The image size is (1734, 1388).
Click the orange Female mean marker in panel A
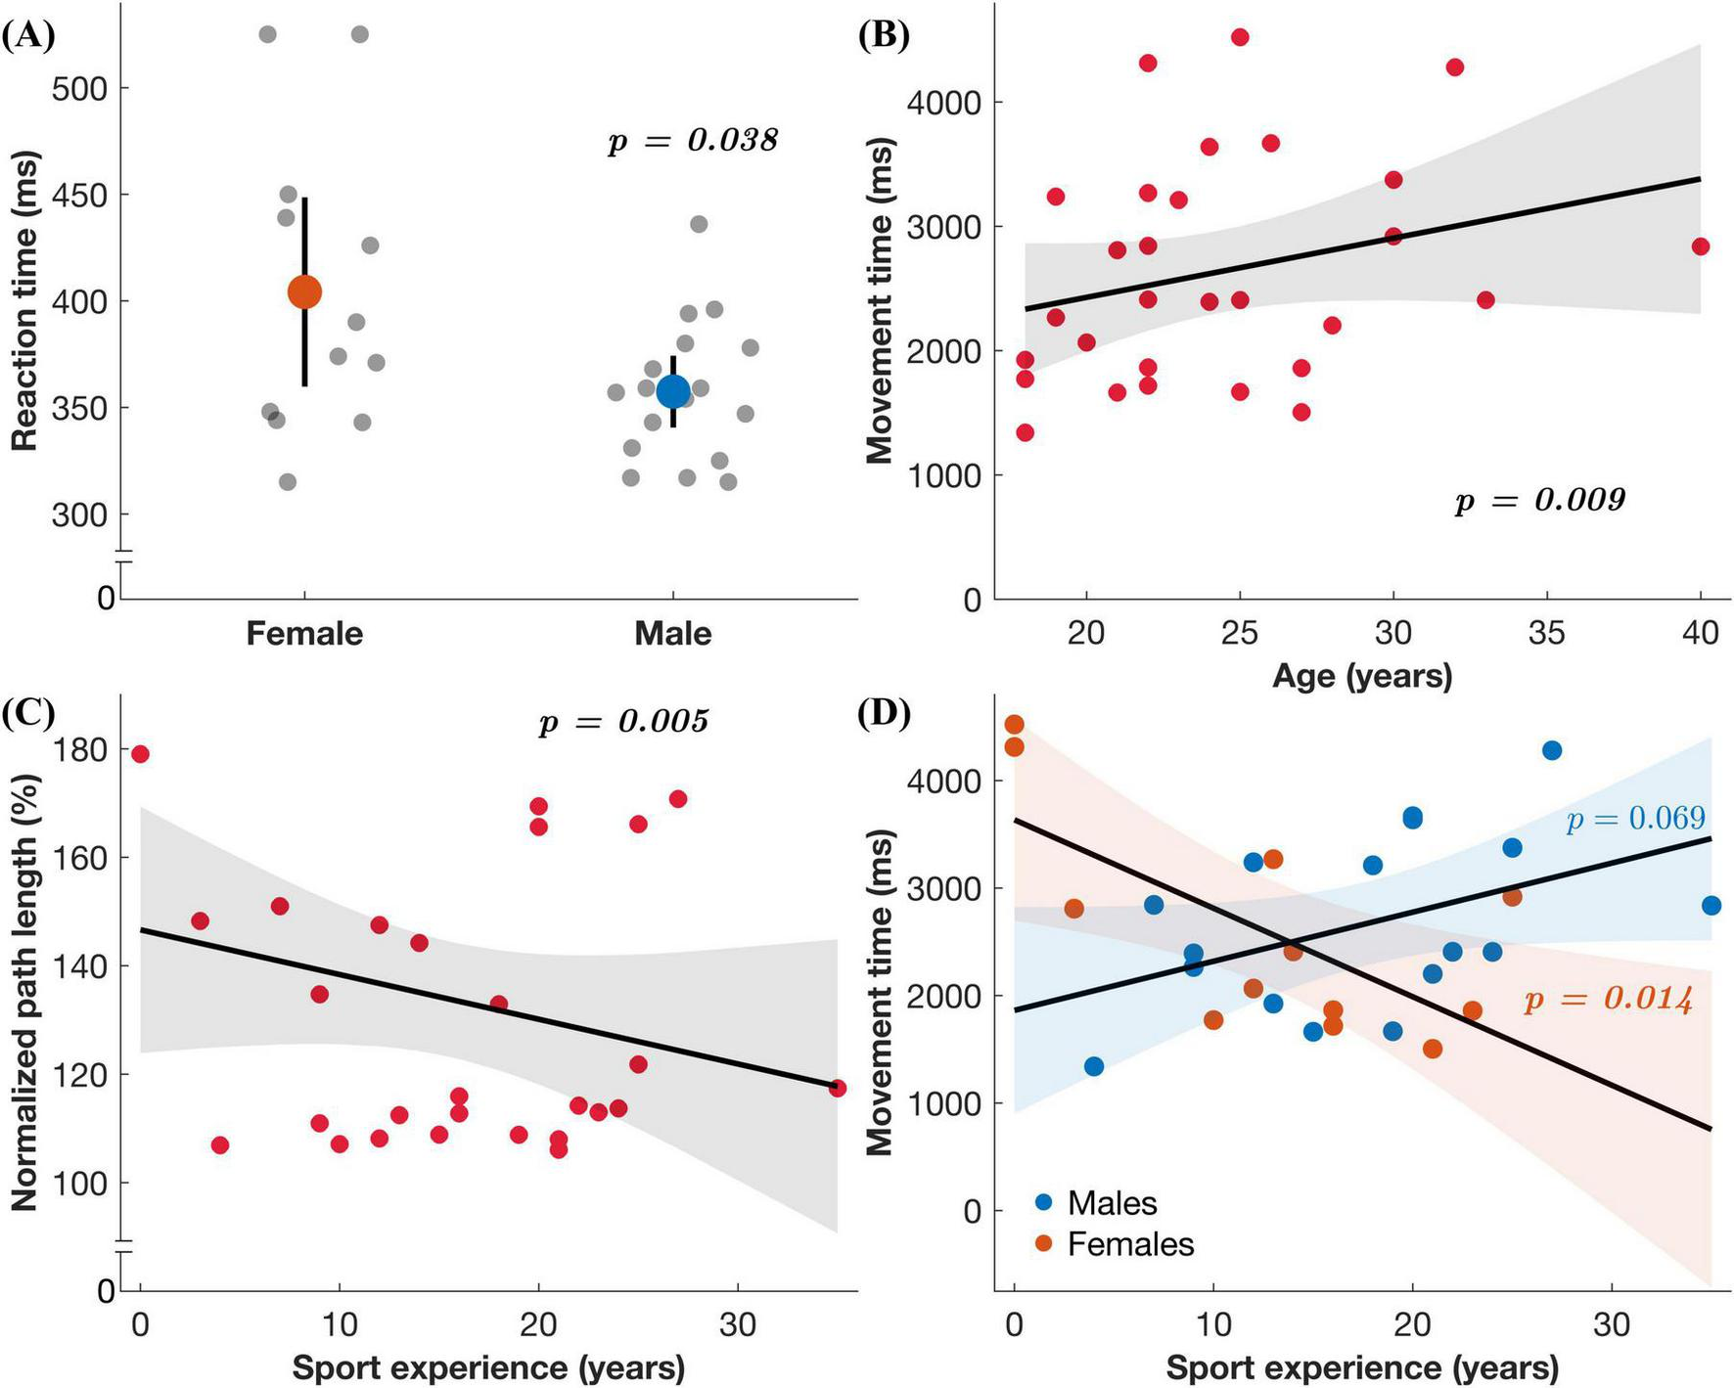click(304, 291)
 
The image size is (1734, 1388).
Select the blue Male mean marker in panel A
click(672, 391)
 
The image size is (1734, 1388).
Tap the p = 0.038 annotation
click(693, 141)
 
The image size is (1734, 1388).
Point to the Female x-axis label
click(304, 634)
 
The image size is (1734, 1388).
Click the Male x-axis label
click(672, 634)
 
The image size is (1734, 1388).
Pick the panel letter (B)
click(884, 35)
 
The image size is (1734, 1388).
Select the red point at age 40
click(1700, 246)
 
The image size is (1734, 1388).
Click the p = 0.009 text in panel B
click(1540, 501)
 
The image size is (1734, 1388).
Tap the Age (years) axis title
click(1362, 675)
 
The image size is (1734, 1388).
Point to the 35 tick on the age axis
click(1546, 634)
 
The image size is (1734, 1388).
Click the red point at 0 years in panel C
click(140, 754)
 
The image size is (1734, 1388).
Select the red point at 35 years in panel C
click(837, 1088)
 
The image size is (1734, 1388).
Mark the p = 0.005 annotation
click(623, 722)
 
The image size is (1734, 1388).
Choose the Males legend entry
click(1112, 1203)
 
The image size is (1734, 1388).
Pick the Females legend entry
click(1130, 1244)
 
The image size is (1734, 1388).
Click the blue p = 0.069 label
click(1635, 819)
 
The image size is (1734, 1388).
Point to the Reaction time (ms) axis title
click(24, 300)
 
